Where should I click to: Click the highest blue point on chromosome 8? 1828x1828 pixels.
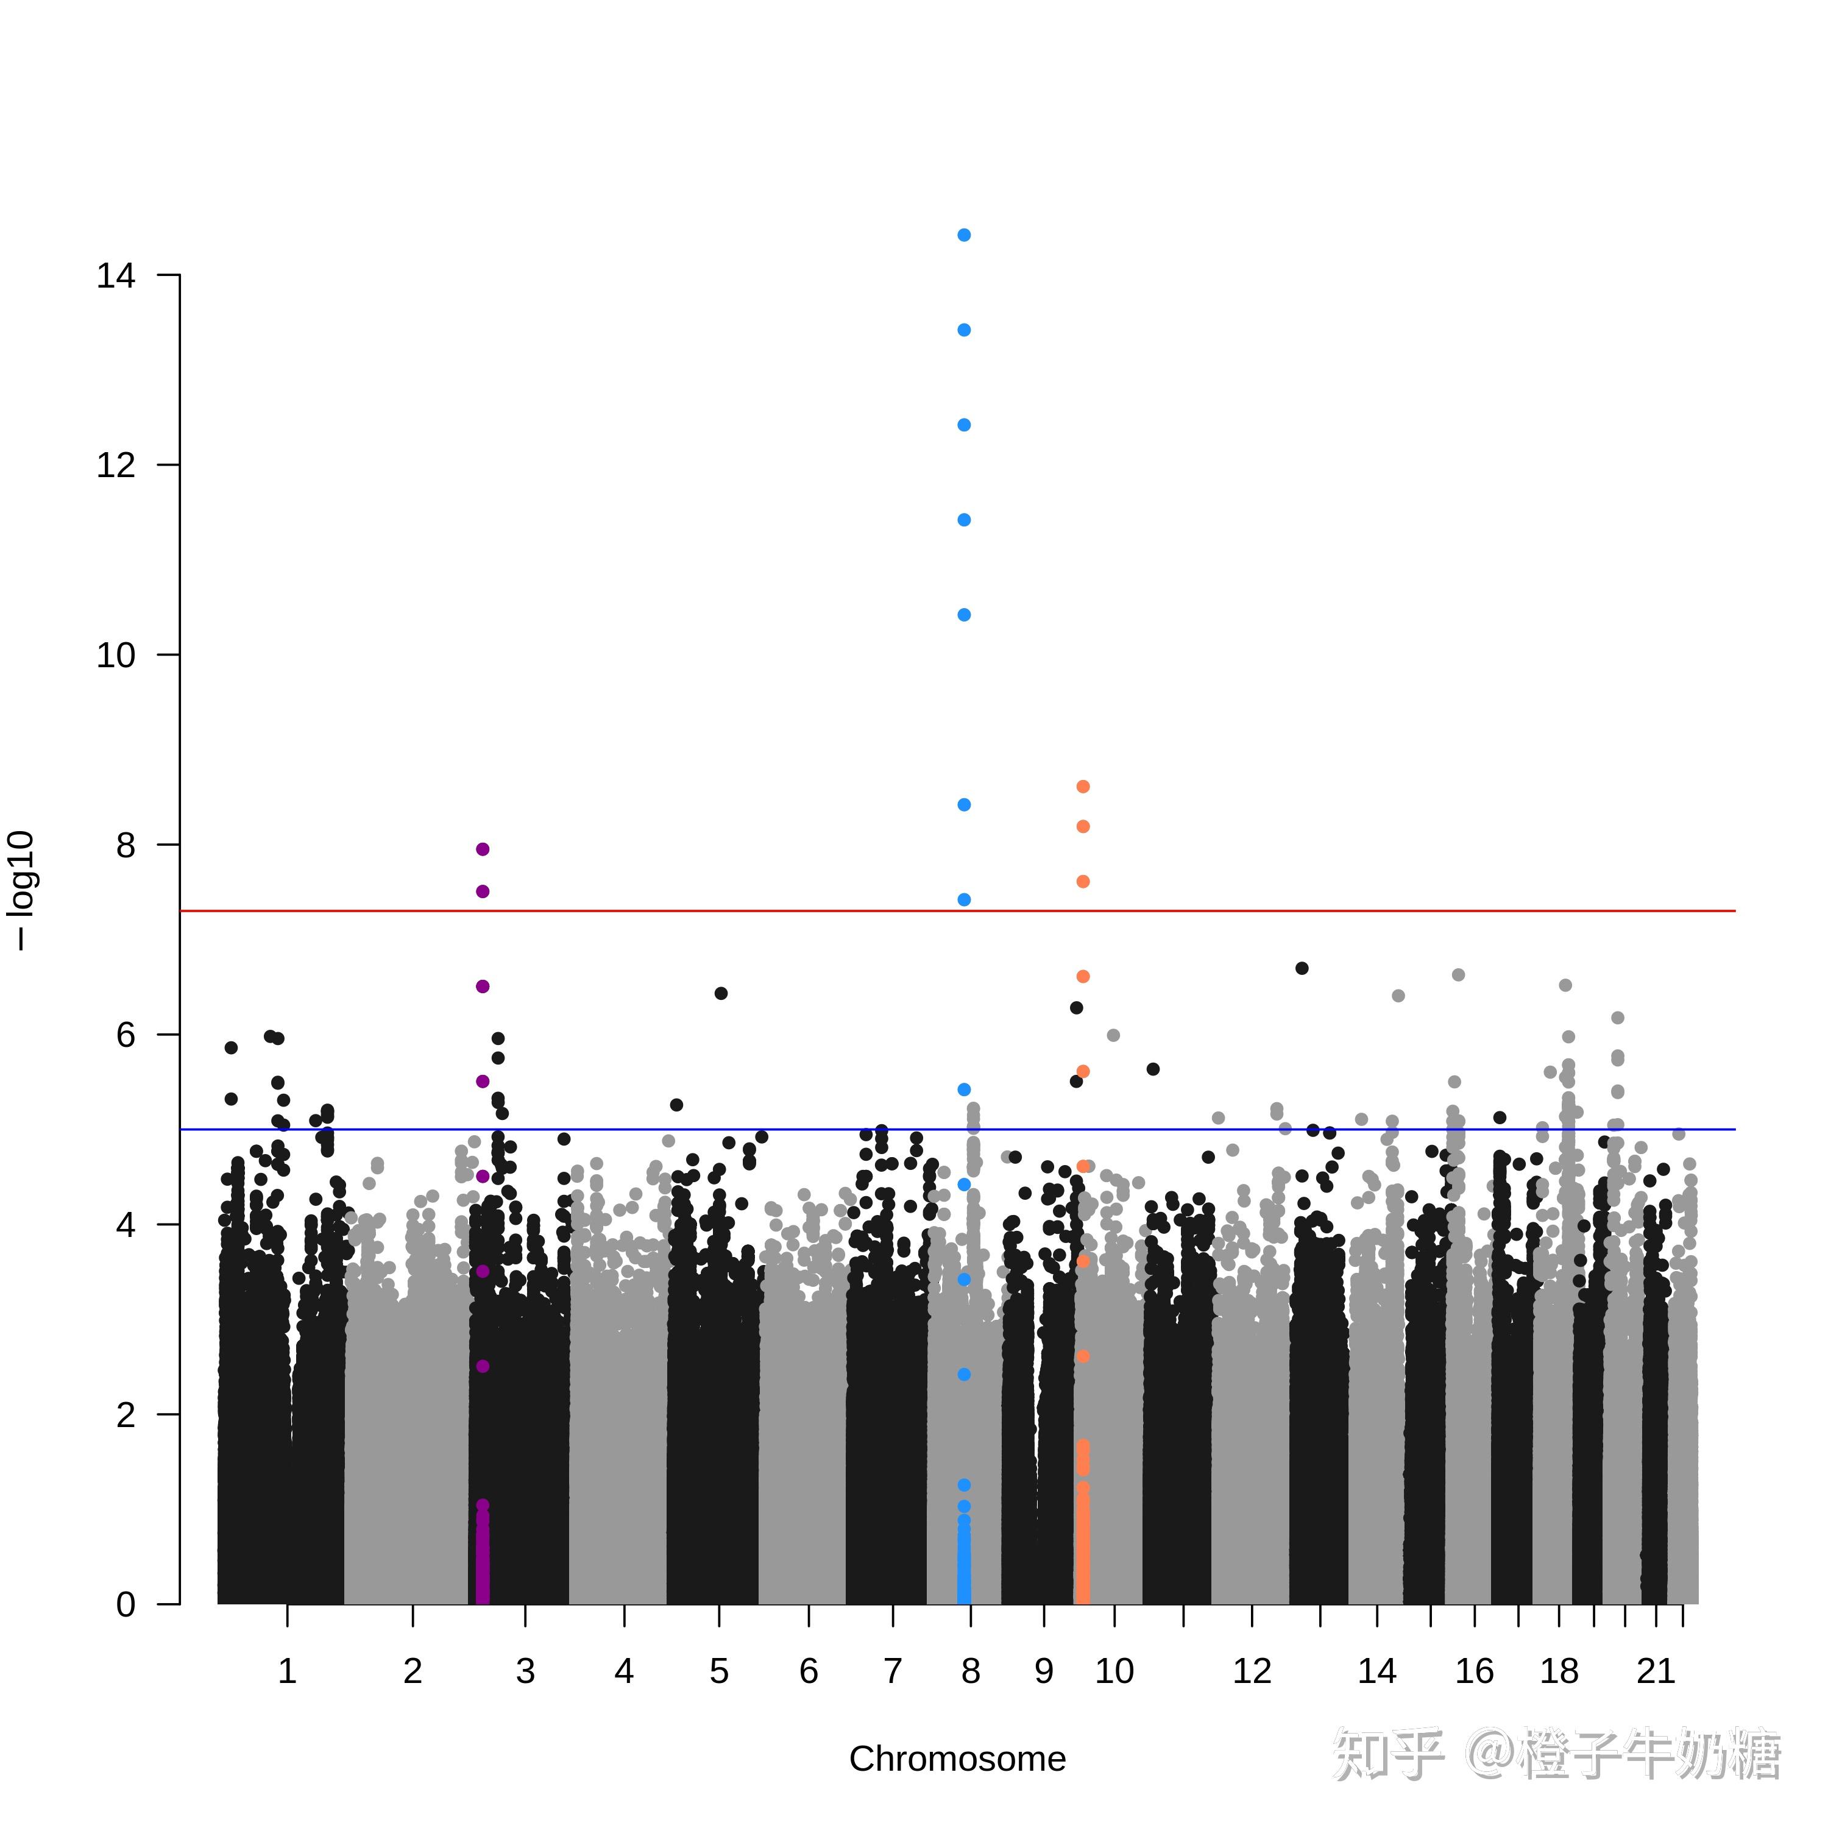coord(964,235)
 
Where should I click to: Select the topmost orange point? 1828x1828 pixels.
coord(1083,786)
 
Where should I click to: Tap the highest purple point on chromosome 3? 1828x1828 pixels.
coord(483,849)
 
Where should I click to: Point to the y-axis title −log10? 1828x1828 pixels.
coord(21,890)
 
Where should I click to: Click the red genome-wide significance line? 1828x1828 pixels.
coord(957,911)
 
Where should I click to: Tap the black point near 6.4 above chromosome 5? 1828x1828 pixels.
coord(721,993)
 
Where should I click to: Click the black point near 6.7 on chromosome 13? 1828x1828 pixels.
coord(1302,968)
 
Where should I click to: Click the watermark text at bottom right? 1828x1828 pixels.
coord(1556,1755)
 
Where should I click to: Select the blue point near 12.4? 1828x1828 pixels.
coord(964,425)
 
